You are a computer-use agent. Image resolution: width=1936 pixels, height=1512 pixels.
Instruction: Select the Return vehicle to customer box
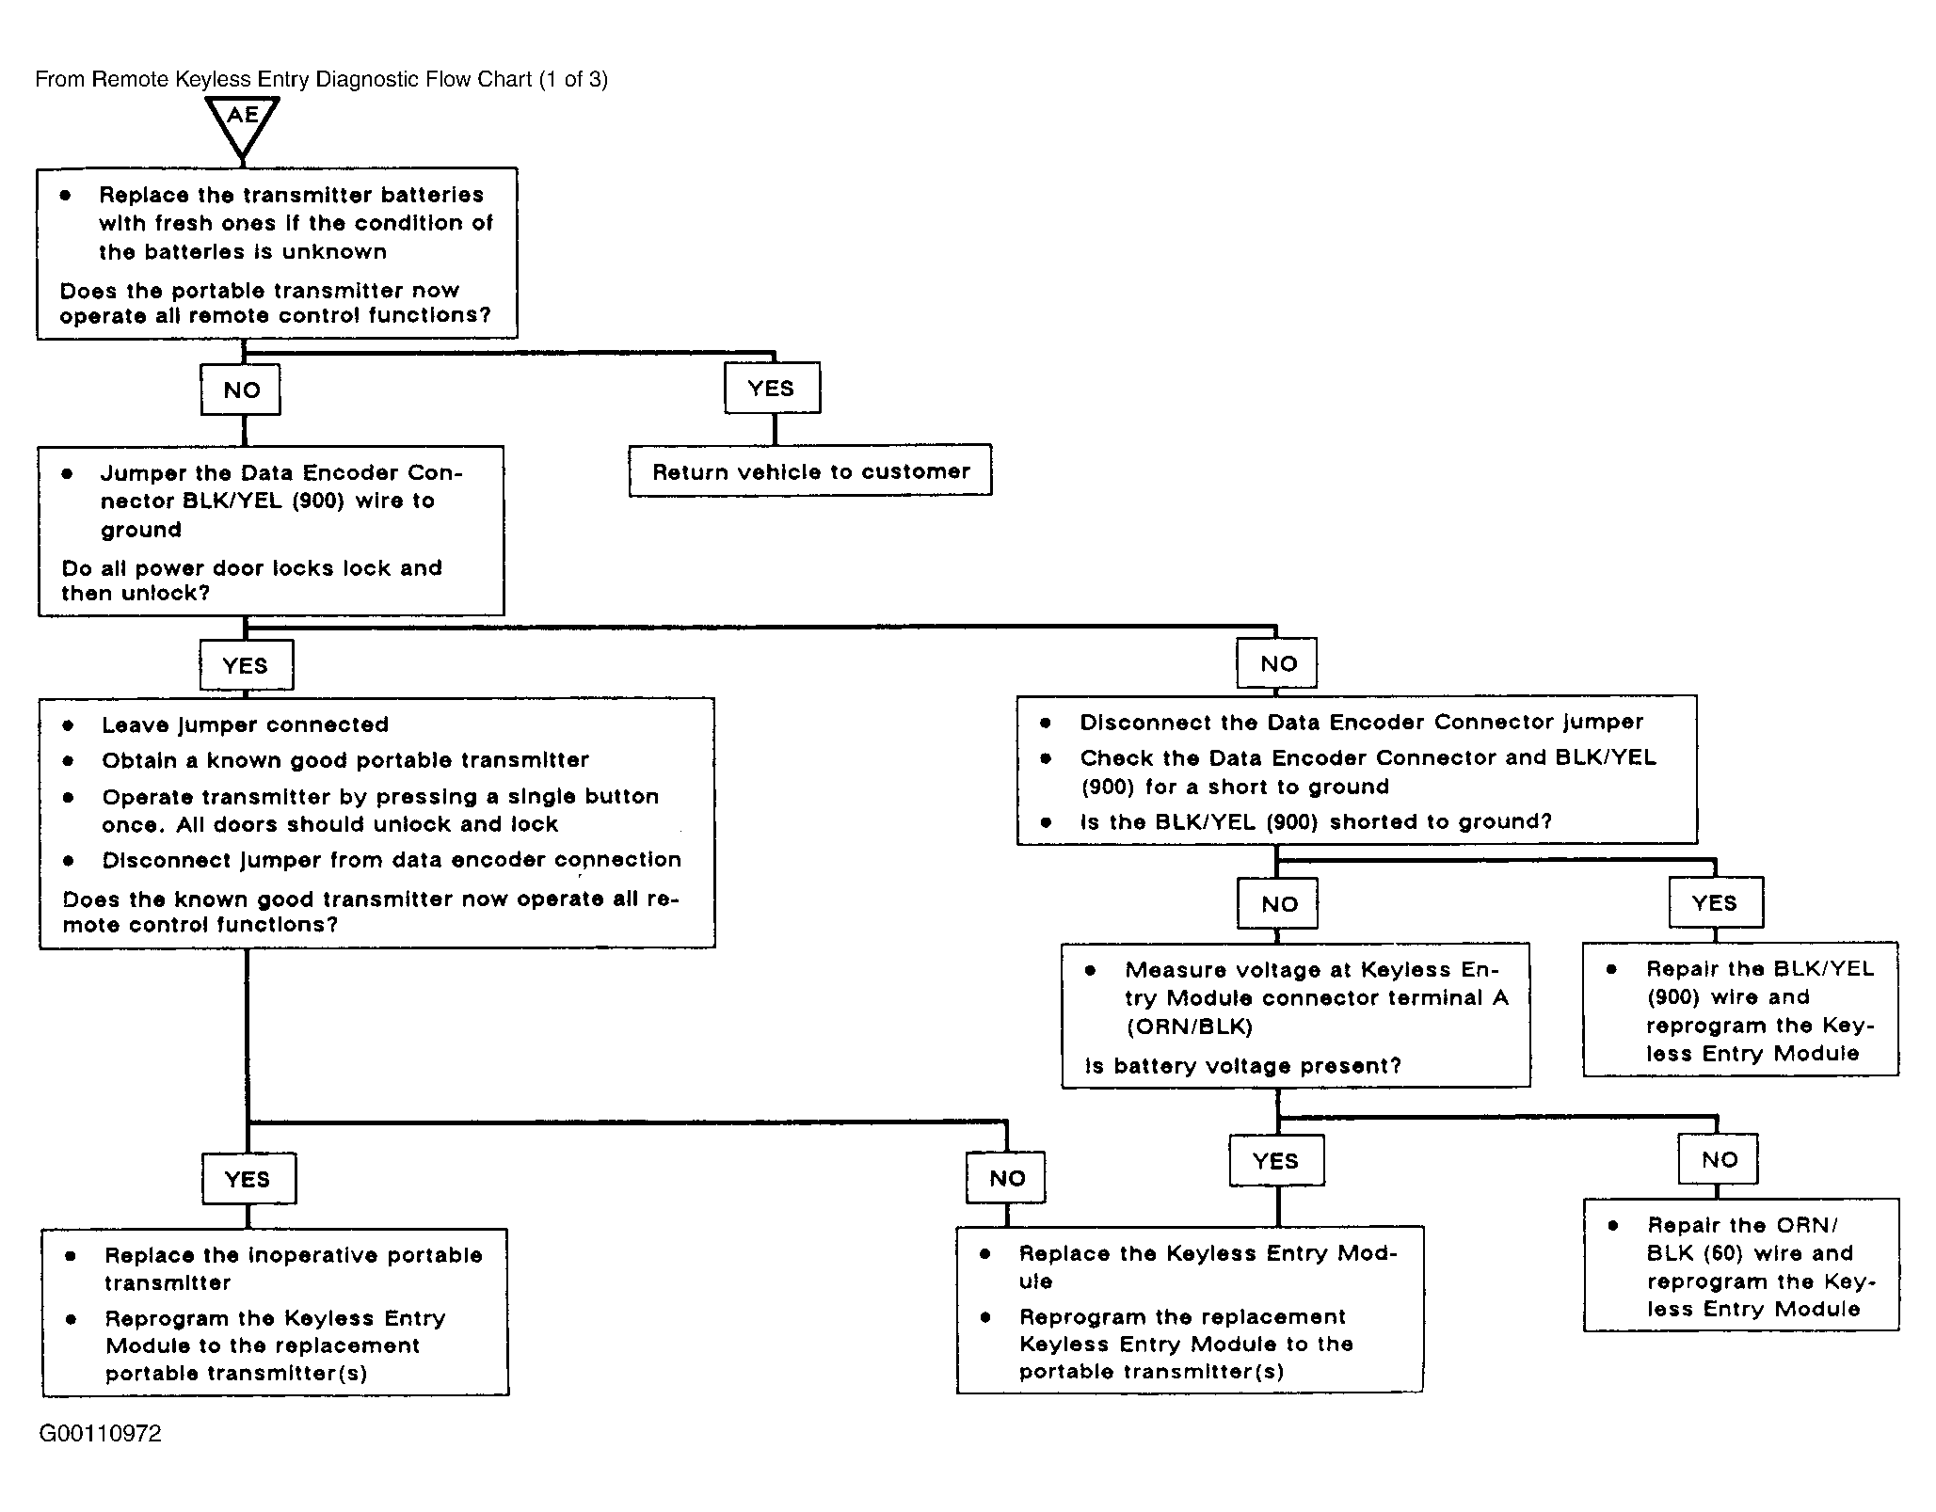click(810, 470)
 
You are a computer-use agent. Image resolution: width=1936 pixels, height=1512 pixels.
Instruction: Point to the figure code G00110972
click(100, 1433)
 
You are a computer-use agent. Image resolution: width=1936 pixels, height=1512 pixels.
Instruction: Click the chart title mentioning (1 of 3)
click(321, 79)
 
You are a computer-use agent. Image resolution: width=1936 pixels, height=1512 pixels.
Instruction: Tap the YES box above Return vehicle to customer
click(772, 388)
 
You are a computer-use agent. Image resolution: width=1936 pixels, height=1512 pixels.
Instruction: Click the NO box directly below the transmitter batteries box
click(241, 390)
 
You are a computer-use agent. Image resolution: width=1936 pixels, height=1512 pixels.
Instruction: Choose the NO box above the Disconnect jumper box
click(1277, 663)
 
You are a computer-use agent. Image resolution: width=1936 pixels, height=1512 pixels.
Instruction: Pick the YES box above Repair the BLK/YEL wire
click(1715, 902)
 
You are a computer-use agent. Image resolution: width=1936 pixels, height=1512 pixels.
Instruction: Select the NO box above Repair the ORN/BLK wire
click(1719, 1159)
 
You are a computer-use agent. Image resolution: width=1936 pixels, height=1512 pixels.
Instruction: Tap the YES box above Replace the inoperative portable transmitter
click(248, 1179)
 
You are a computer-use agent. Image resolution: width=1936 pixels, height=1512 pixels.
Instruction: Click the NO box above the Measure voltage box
click(1278, 904)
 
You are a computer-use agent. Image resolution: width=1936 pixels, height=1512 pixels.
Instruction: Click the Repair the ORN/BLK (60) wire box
click(1741, 1265)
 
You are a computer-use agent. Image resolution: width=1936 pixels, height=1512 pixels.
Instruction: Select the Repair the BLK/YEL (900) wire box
click(1741, 1009)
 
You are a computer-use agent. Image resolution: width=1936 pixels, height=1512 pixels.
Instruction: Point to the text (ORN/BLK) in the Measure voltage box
click(1190, 1027)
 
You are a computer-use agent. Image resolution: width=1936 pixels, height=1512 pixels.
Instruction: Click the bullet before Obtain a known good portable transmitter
click(69, 760)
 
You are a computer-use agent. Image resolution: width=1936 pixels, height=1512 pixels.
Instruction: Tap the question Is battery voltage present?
click(1242, 1066)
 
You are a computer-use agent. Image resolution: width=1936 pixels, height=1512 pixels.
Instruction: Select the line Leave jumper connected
click(245, 724)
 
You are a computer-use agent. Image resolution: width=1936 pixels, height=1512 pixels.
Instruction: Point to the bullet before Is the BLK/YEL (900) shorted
click(1046, 822)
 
